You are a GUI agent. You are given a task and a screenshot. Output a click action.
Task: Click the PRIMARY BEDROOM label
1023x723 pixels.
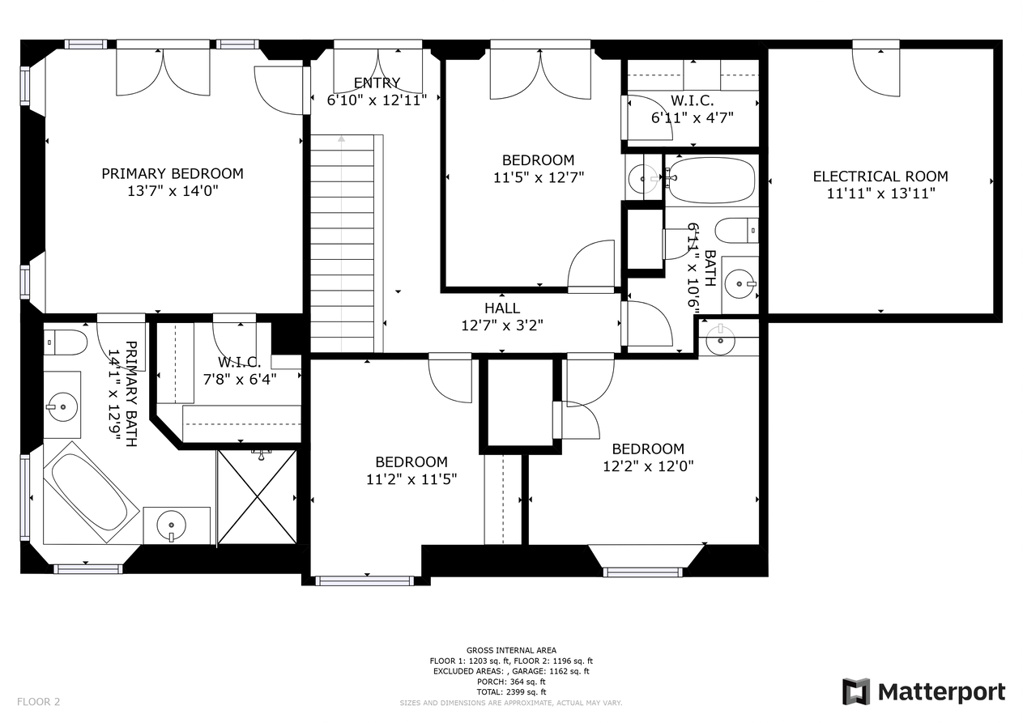point(173,173)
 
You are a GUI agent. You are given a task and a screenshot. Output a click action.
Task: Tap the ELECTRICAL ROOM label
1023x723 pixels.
point(880,176)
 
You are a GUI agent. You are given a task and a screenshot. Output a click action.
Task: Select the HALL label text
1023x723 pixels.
point(502,308)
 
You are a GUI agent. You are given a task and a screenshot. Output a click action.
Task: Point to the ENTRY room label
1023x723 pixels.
point(377,83)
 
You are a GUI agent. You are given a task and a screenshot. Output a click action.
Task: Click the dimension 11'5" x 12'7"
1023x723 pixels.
point(539,177)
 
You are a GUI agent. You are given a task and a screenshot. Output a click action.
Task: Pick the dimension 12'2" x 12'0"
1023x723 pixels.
point(648,466)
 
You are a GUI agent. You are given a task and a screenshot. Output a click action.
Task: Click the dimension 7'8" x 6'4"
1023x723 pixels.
point(240,379)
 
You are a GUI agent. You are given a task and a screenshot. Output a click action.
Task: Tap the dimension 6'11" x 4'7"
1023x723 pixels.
point(692,117)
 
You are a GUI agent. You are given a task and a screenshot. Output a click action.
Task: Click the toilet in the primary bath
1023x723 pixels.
point(66,342)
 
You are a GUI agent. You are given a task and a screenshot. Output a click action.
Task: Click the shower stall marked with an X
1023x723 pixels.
point(257,496)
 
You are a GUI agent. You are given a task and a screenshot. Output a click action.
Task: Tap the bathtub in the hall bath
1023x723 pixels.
point(710,180)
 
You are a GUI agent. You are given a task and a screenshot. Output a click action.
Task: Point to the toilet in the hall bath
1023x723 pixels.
point(736,231)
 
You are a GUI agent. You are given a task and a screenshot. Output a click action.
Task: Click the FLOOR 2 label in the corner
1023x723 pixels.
point(38,702)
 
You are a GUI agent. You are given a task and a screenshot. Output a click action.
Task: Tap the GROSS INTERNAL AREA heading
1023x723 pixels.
point(511,650)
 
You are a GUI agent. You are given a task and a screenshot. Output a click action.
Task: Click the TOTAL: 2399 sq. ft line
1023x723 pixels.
point(511,692)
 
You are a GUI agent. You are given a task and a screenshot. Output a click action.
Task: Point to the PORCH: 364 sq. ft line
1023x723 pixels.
point(511,682)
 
